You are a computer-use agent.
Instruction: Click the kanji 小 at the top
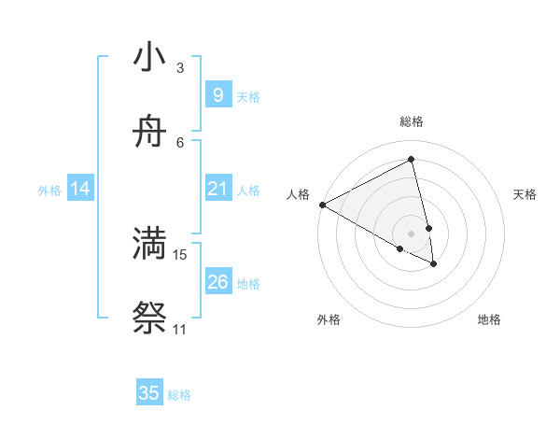tap(149, 58)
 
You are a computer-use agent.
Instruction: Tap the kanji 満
tap(149, 244)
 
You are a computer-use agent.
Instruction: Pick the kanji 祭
tap(149, 318)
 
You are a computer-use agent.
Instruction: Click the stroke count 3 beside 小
tap(180, 68)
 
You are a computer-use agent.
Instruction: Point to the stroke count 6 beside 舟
tap(180, 142)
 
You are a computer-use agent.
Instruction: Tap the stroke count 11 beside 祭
tap(180, 329)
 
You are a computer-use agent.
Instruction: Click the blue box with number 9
tap(217, 95)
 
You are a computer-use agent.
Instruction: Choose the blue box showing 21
tap(217, 189)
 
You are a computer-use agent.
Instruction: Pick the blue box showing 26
tap(217, 282)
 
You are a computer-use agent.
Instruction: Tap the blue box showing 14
tap(79, 189)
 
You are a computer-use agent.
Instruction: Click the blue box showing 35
tap(149, 393)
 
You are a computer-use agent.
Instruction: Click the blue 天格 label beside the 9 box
tap(248, 96)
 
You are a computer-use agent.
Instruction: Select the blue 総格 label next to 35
tap(179, 394)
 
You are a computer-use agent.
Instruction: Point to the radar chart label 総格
tap(412, 121)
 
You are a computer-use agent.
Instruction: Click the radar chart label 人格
tap(298, 194)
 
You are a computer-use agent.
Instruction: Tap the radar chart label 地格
tap(489, 319)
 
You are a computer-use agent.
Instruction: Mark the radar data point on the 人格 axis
tap(322, 205)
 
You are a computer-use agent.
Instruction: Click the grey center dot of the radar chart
tap(411, 234)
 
